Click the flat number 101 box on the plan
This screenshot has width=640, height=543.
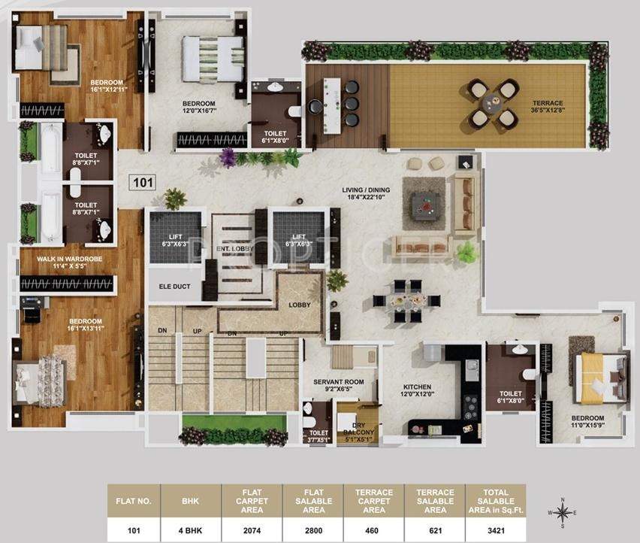[x=143, y=182]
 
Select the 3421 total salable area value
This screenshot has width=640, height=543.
[x=495, y=529]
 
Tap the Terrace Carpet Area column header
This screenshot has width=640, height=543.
[x=374, y=501]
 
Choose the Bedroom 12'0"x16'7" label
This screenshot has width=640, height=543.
[x=199, y=108]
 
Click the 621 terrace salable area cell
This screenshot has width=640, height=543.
[x=434, y=529]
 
